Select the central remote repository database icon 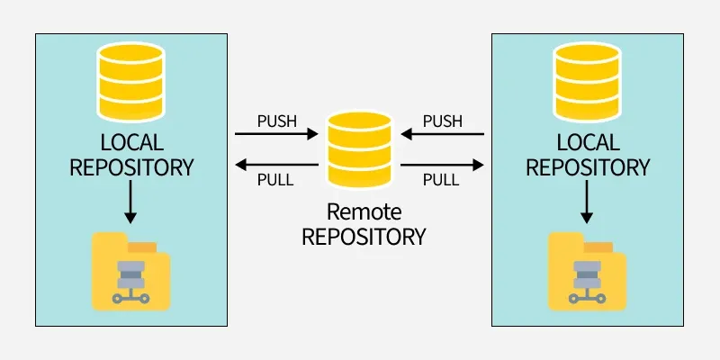360,149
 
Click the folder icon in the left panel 131,271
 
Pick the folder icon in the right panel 588,271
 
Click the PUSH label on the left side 276,121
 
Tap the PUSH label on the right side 443,121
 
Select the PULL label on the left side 275,179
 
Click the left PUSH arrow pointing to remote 277,135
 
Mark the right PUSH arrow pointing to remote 443,135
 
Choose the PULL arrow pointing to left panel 277,165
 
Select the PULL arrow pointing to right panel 443,165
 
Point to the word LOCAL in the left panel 131,143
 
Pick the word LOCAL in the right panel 588,143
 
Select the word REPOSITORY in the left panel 131,167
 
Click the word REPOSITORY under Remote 363,238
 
